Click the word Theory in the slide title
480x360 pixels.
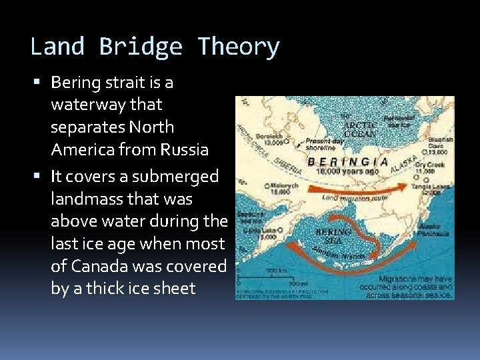click(239, 47)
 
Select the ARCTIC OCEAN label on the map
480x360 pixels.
click(360, 129)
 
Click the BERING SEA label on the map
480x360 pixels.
click(333, 235)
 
